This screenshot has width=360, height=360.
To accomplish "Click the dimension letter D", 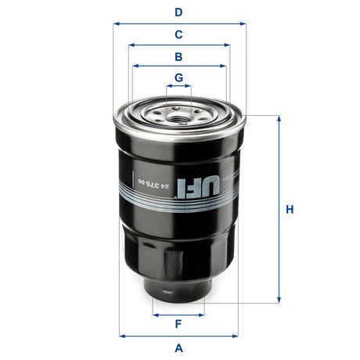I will tap(178, 12).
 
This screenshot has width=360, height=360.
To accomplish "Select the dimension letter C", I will tap(178, 34).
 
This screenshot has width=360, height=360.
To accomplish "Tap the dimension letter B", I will tap(178, 57).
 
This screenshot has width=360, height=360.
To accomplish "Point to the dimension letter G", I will tap(178, 77).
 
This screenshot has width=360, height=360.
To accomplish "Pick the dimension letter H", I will tap(289, 210).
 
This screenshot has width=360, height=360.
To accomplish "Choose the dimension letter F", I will tap(178, 324).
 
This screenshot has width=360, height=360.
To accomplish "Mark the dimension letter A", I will tap(178, 347).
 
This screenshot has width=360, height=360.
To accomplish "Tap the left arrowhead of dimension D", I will tap(116, 23).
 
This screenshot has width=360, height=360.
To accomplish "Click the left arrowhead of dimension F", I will tap(155, 314).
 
